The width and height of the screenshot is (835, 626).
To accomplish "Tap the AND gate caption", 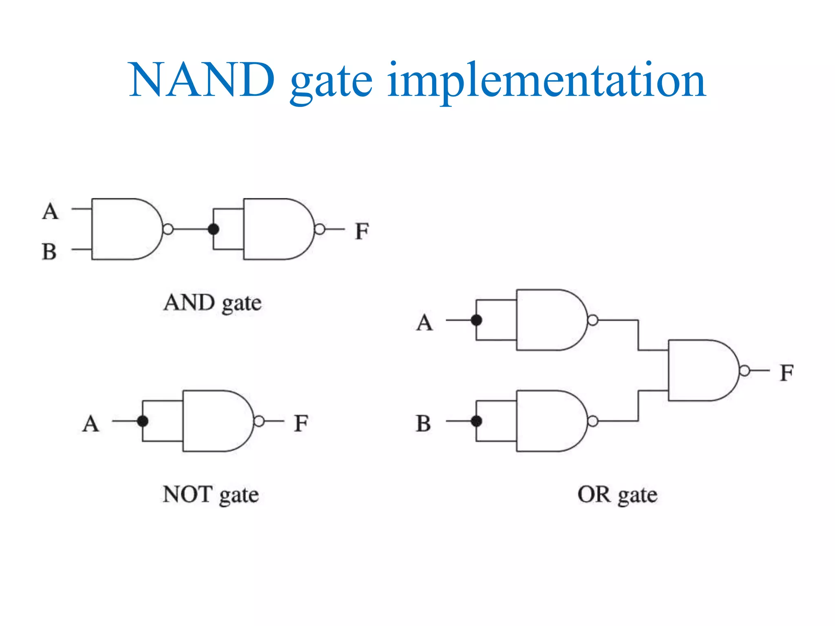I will pos(212,303).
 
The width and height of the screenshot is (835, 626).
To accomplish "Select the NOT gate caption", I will pos(210,495).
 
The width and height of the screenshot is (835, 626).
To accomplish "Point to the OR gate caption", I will pos(617,495).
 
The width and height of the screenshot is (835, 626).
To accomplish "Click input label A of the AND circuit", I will pos(50,211).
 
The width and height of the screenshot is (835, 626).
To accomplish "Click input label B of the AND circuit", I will pos(49,251).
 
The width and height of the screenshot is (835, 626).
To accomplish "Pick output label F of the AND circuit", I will pos(362,231).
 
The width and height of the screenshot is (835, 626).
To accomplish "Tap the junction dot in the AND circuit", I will pos(213,229).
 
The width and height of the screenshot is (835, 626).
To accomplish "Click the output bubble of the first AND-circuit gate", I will pos(168,229).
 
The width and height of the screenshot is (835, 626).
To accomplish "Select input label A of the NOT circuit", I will pos(91,423).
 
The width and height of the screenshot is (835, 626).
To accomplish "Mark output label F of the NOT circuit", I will pos(301,423).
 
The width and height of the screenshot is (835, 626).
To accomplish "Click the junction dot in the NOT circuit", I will pos(142,421).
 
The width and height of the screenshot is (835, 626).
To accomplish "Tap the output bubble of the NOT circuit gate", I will pos(259,421).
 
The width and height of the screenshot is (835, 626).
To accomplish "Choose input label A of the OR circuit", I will pos(424,322).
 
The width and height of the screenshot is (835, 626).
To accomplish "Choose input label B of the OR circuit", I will pos(423,423).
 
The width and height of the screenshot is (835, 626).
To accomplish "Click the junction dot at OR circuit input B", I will pos(476,421).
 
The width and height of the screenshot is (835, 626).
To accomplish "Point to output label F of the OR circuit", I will pos(786,373).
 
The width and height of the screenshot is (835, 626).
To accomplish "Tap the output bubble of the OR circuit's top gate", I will pos(593,320).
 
